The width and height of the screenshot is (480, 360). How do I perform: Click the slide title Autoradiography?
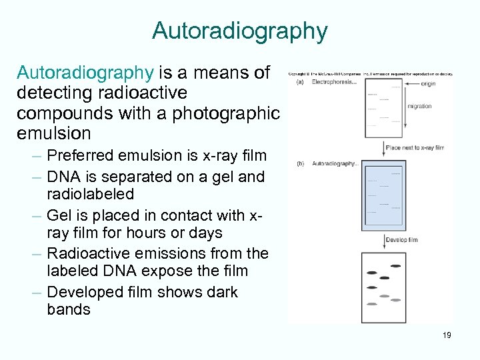[240, 31]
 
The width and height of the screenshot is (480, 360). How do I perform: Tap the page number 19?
[446, 335]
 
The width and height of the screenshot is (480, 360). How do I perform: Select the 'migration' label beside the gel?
[419, 106]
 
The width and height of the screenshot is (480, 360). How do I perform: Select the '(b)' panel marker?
[300, 163]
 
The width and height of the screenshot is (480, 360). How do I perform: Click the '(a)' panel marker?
[300, 82]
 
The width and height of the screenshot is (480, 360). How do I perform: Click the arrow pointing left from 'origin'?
[413, 84]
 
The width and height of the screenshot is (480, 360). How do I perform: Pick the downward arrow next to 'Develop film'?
[385, 241]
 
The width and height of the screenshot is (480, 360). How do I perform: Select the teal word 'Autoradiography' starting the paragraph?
[85, 72]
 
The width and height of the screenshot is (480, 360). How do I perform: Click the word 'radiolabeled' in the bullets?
[91, 194]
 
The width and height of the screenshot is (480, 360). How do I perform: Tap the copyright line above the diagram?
[371, 74]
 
